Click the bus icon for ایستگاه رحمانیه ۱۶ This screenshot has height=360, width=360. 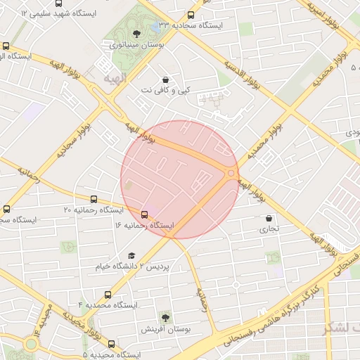145,214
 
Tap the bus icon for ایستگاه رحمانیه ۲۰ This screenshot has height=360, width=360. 94,200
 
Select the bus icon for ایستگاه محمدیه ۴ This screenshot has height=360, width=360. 108,295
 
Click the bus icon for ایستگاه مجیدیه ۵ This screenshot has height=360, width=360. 111,344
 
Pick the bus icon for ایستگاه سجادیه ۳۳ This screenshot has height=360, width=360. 192,15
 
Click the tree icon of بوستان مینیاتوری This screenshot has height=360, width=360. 136,33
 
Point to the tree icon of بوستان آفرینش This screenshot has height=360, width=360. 165,318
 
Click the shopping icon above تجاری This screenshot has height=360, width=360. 270,218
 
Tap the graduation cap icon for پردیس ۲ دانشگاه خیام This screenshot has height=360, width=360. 131,256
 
